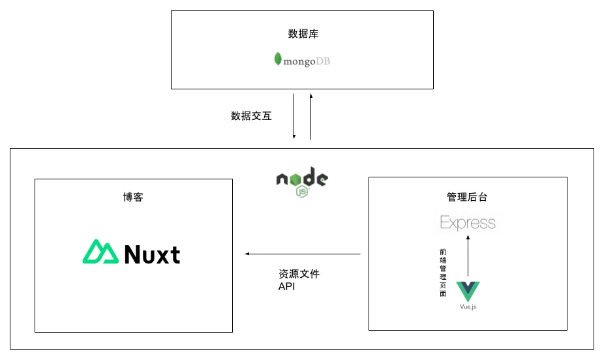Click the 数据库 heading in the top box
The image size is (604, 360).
[x=303, y=34]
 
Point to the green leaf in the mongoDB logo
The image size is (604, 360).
[x=278, y=59]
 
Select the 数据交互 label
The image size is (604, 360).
[x=251, y=116]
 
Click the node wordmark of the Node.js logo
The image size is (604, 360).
[x=301, y=177]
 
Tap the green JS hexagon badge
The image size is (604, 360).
[x=302, y=192]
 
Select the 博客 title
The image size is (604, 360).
[x=133, y=197]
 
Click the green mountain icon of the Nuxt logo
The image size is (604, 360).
[x=99, y=252]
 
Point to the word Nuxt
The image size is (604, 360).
[x=151, y=254]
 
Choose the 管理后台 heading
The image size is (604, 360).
[x=467, y=197]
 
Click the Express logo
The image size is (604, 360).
[x=468, y=223]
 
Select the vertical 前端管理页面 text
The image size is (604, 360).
[x=443, y=272]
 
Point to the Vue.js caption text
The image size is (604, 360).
[x=467, y=307]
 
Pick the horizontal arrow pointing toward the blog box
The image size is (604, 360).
[x=303, y=254]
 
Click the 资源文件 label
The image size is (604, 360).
[x=299, y=274]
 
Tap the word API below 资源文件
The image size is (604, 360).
[x=287, y=286]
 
